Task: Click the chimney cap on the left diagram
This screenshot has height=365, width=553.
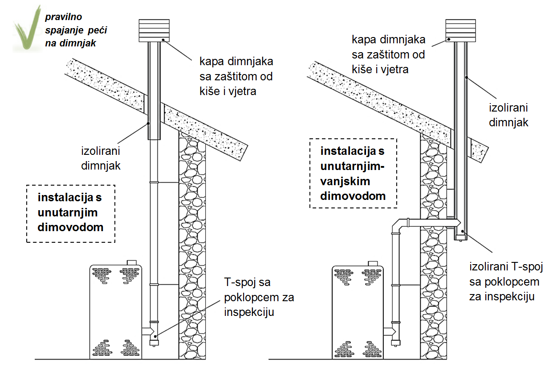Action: pos(154,30)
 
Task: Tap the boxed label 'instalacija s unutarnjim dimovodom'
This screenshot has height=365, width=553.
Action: pos(71,213)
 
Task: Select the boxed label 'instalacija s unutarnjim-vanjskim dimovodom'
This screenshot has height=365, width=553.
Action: pos(353,173)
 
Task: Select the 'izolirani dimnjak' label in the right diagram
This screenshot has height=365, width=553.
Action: pos(508,115)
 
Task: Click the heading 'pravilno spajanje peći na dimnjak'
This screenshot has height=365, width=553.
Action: pos(76,30)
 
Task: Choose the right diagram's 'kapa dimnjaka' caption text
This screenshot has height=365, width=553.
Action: pos(388,54)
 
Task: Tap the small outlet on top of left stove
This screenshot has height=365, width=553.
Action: pos(131,262)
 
